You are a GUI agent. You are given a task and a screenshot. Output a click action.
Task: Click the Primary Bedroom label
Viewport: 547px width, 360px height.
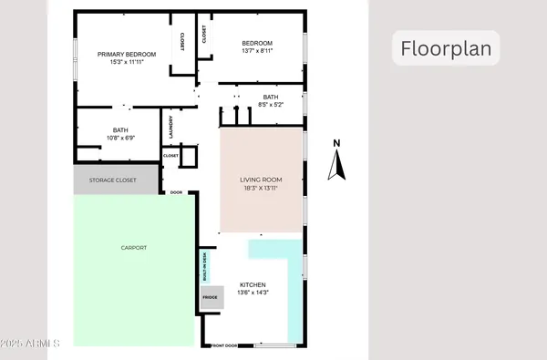point(127,55)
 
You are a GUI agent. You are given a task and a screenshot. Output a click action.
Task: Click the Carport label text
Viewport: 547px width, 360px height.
point(134,248)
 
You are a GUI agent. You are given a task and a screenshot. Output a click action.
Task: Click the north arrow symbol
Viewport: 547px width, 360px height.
point(337,165)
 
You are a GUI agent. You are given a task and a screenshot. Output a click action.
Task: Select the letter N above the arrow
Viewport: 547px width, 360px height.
point(336,142)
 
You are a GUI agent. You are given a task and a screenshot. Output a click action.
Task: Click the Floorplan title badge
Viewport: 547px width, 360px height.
point(447,47)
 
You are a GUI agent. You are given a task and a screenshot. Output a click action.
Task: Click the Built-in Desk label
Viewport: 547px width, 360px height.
point(207,264)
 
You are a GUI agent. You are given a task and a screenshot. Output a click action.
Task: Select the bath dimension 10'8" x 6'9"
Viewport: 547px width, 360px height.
point(120,138)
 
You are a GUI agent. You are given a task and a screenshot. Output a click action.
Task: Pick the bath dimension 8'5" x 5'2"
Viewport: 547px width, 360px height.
point(271,105)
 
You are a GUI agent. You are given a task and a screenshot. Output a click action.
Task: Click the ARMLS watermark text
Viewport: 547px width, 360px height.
point(31,345)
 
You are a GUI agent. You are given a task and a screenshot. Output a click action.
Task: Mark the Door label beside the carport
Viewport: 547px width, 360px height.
point(177,192)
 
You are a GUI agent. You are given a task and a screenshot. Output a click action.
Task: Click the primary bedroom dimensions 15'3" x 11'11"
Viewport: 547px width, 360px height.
point(127,62)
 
